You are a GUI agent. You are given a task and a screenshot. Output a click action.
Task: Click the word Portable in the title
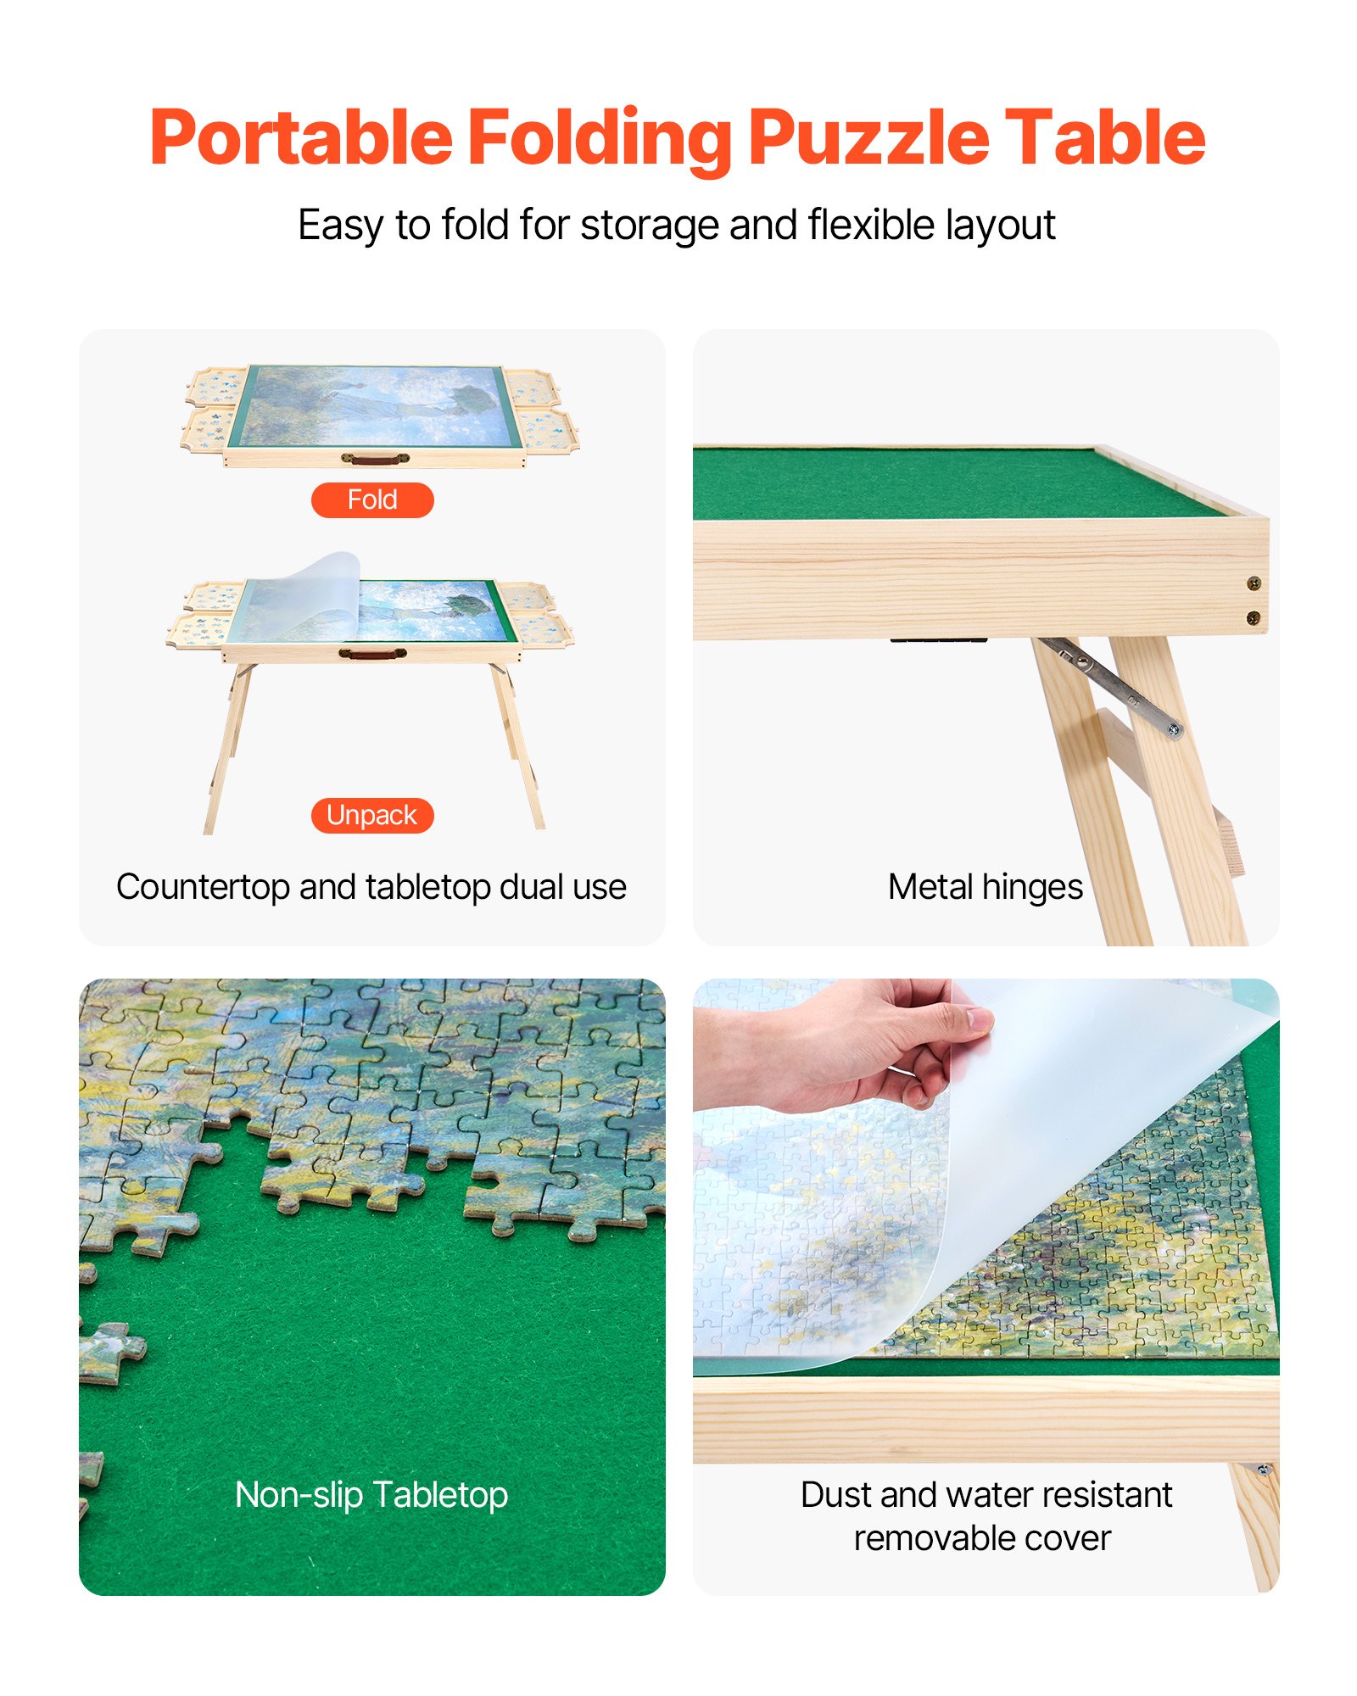301,137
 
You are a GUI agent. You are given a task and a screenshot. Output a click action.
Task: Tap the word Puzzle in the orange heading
868,137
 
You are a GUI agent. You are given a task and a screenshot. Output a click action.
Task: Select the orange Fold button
372,499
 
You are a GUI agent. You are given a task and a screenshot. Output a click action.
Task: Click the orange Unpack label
372,815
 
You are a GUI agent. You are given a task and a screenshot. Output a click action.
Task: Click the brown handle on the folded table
374,459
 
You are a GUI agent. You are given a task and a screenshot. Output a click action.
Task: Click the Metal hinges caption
985,887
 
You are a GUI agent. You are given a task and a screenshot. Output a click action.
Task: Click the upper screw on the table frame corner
1253,583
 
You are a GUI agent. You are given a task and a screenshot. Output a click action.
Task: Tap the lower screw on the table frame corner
1253,618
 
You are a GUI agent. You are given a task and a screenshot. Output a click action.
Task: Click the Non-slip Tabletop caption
371,1494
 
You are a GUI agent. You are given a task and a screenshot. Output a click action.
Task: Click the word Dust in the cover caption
835,1495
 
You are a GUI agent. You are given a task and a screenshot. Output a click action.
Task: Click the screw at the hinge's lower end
1174,729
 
